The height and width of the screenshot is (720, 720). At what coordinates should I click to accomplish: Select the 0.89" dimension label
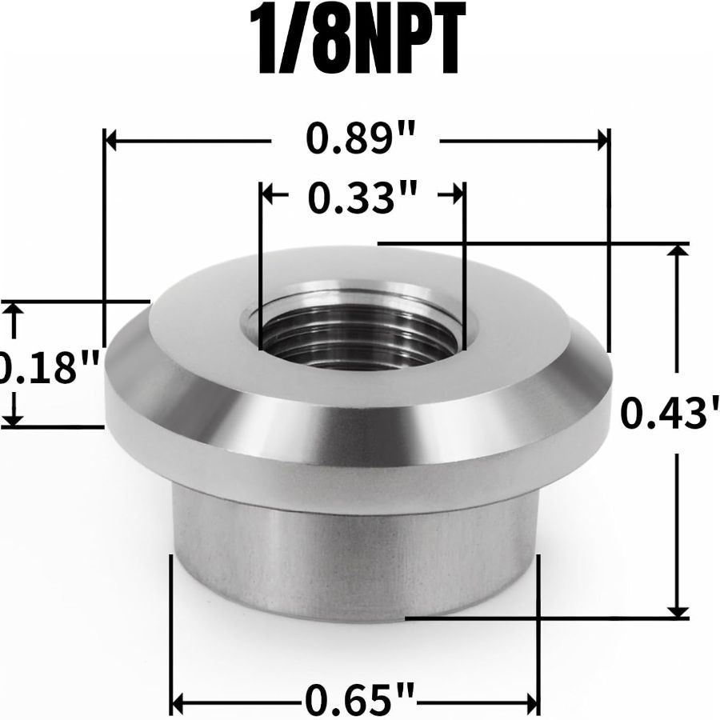tap(354, 141)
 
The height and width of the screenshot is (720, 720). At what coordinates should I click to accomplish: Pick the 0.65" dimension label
tap(358, 703)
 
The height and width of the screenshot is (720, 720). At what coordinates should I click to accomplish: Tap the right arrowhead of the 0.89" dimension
tap(602, 141)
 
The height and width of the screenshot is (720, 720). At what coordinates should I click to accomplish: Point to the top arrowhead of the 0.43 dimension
tap(678, 251)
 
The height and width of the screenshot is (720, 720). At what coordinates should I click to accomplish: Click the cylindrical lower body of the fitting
tap(356, 560)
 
